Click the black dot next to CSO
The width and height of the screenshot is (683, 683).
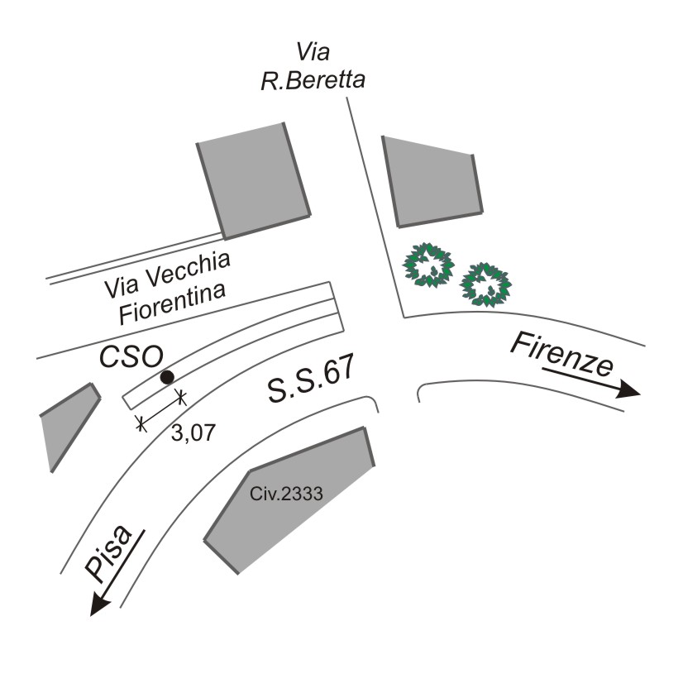click(167, 377)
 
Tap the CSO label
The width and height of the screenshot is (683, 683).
click(131, 357)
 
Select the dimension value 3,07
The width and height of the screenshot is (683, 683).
click(193, 433)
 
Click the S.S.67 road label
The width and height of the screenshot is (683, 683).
click(311, 379)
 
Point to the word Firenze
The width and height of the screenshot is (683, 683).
click(562, 356)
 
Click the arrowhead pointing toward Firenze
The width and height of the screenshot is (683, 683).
click(629, 389)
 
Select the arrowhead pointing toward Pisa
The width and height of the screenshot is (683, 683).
click(99, 604)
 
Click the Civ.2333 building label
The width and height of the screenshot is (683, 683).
click(286, 494)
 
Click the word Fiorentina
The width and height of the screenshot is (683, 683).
click(173, 303)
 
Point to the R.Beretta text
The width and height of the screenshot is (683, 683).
click(313, 80)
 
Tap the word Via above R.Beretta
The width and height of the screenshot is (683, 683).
click(313, 51)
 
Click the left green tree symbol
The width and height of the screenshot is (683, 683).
click(428, 265)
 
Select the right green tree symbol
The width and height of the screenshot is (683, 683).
click(485, 284)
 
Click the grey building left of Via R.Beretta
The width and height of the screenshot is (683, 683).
click(254, 180)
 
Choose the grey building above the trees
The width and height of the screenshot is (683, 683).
click(432, 183)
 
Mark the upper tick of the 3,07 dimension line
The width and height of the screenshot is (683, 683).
click(181, 397)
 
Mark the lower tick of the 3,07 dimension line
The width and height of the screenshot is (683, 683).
click(141, 423)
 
